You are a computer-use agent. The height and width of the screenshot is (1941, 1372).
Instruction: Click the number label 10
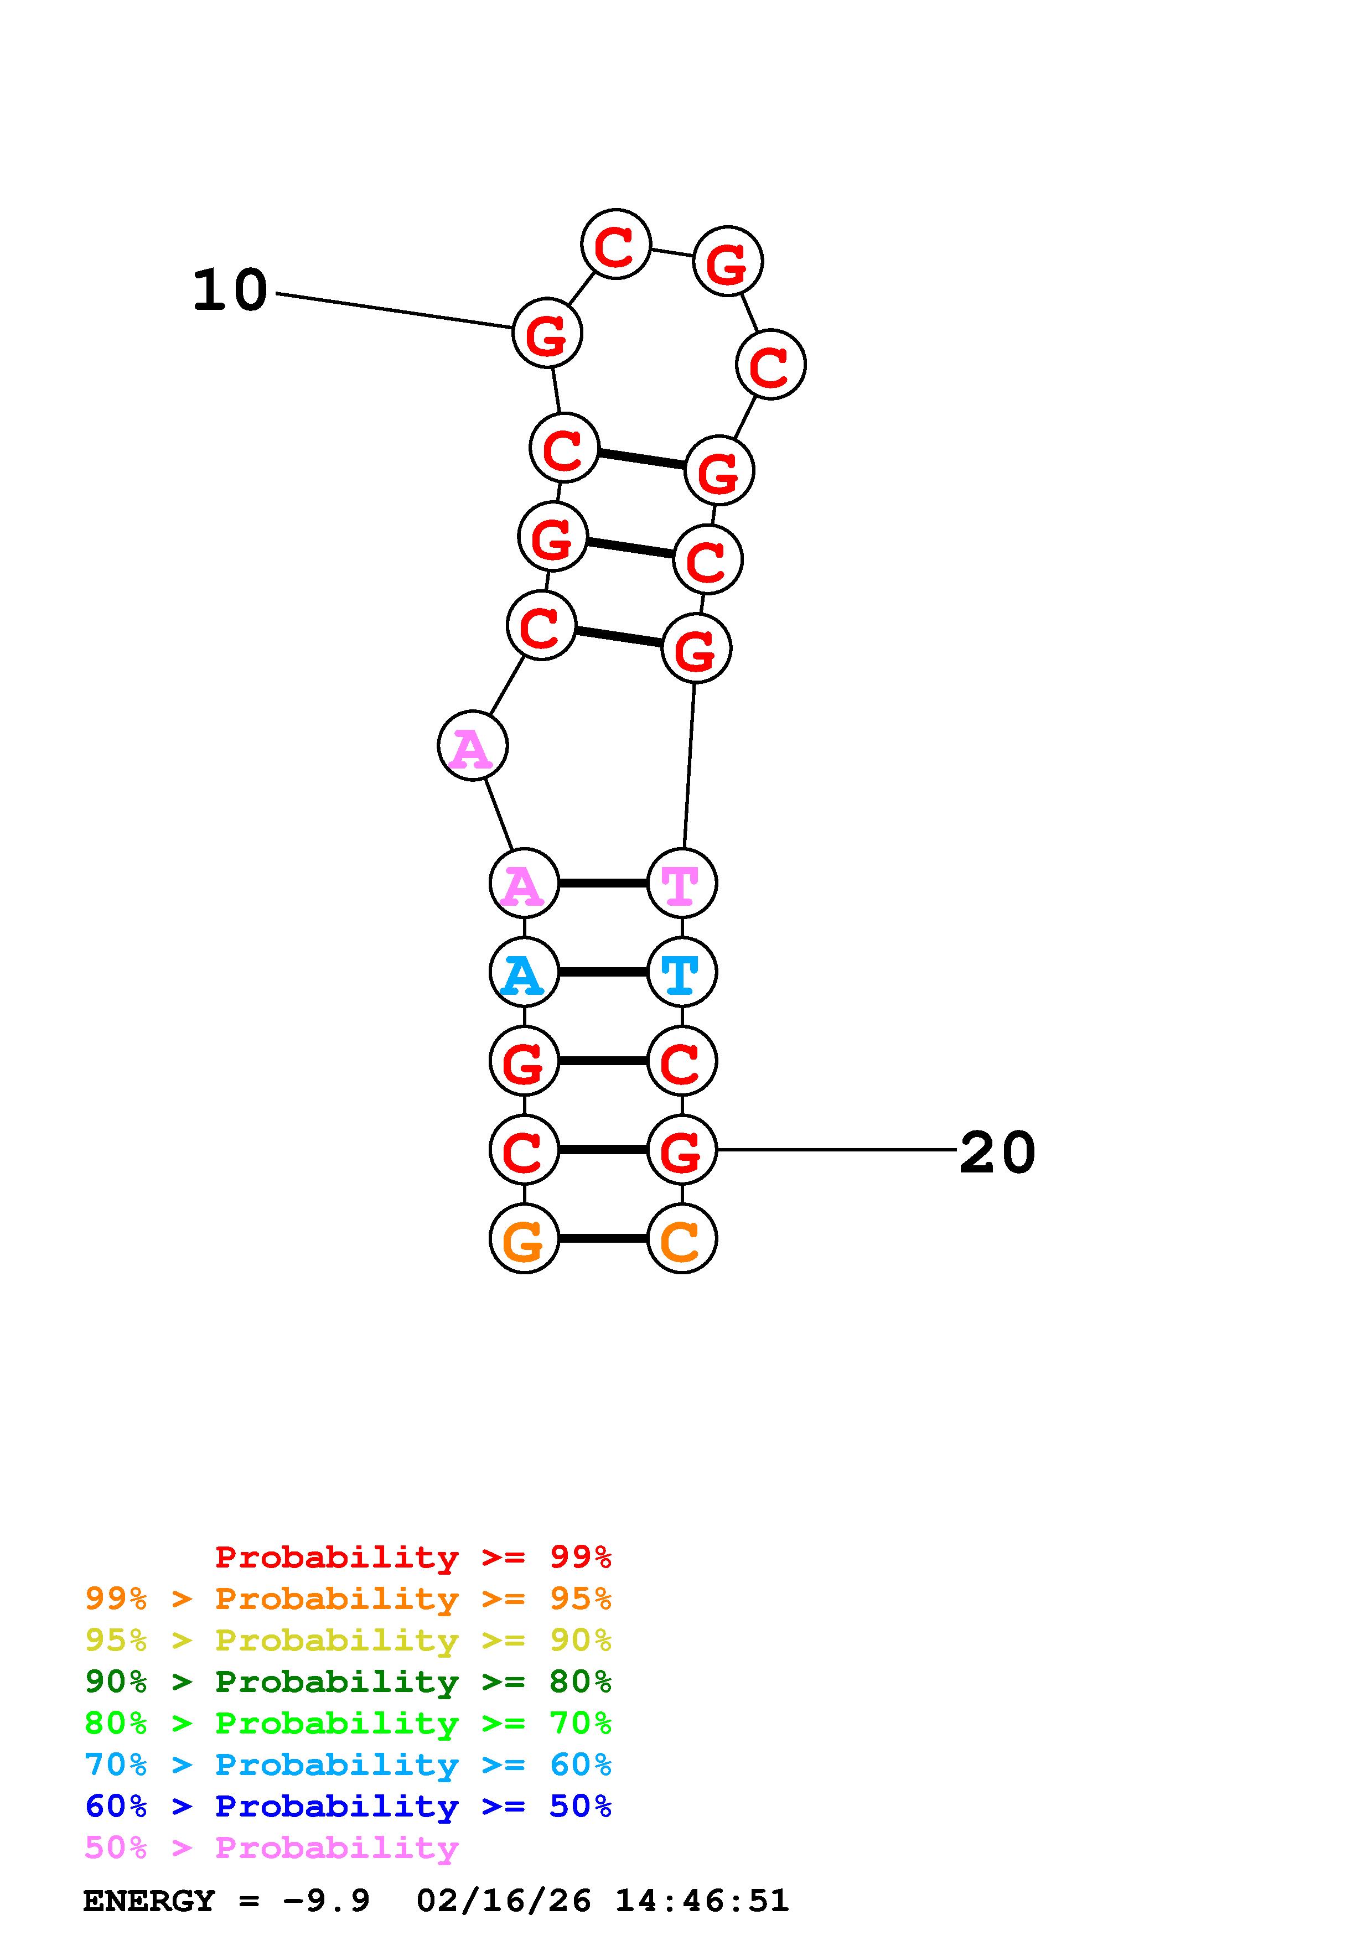pyautogui.click(x=230, y=291)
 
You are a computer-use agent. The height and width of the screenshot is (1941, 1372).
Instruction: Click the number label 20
pyautogui.click(x=997, y=1153)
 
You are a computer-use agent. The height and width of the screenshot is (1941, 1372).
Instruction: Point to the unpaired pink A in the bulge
pyautogui.click(x=473, y=746)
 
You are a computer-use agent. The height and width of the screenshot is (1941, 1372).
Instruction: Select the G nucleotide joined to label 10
pyautogui.click(x=548, y=333)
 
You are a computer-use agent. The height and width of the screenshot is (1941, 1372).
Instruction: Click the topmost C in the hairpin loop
pyautogui.click(x=616, y=245)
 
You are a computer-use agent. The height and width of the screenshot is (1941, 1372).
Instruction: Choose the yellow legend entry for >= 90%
pyautogui.click(x=348, y=1640)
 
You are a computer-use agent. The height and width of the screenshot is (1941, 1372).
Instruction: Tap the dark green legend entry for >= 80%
pyautogui.click(x=348, y=1681)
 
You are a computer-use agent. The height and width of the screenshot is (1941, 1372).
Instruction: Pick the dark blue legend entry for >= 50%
pyautogui.click(x=348, y=1806)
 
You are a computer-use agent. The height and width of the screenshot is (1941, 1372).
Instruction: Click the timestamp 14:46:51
pyautogui.click(x=702, y=1901)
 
